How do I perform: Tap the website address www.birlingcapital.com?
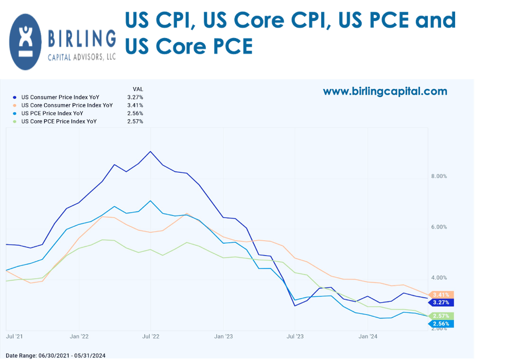point(385,92)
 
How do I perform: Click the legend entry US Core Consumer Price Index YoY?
point(67,105)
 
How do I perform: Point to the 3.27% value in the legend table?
point(135,97)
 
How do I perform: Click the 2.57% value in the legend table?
point(135,121)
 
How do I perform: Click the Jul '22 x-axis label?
point(150,337)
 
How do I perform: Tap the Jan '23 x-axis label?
point(223,337)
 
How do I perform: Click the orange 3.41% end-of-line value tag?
point(441,295)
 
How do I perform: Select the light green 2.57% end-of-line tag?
point(441,316)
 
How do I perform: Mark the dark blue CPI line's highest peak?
point(150,151)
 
